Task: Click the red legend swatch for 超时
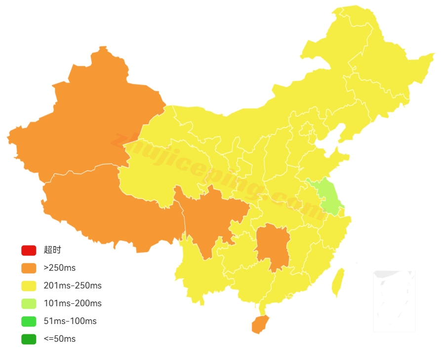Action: [x=29, y=251]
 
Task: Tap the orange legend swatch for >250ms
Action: [x=29, y=268]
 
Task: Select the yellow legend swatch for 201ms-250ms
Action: [x=29, y=286]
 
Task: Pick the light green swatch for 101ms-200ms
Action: [x=29, y=304]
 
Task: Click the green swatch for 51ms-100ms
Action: [x=29, y=322]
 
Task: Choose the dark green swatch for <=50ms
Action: [x=29, y=339]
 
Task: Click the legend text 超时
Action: [x=52, y=251]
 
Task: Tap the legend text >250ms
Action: [x=59, y=268]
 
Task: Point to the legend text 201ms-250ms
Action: [x=73, y=286]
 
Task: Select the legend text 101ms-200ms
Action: [x=73, y=304]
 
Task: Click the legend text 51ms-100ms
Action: [x=70, y=322]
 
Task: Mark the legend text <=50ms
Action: [x=59, y=339]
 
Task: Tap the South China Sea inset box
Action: [x=394, y=300]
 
